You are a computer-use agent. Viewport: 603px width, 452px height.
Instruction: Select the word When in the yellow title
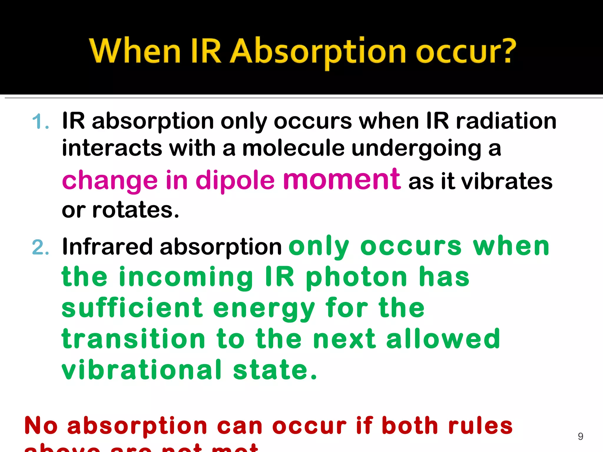click(x=135, y=51)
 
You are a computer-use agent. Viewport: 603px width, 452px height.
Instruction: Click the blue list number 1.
click(x=39, y=122)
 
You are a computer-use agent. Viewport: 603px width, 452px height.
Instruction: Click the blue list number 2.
click(x=40, y=247)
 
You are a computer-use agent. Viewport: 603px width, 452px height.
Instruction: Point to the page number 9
click(x=580, y=436)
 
